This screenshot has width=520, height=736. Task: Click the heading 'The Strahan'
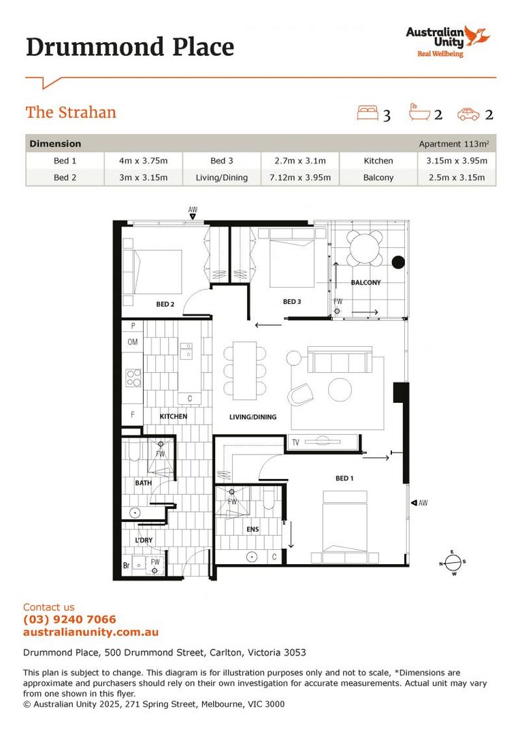click(x=71, y=112)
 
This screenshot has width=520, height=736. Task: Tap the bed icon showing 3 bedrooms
click(x=368, y=113)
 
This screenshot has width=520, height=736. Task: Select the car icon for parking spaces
click(x=468, y=114)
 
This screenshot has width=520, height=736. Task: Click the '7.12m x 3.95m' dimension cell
click(x=299, y=177)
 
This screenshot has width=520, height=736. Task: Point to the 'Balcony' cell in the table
click(x=378, y=177)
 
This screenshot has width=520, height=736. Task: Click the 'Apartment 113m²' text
click(x=454, y=144)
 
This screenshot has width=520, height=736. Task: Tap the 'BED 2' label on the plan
click(x=166, y=305)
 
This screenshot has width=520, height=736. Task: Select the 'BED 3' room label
click(x=292, y=301)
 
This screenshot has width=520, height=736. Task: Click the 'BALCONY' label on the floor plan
click(x=365, y=282)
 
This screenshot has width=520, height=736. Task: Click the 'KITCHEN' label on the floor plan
click(x=174, y=416)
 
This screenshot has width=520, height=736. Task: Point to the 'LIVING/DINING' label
click(x=253, y=416)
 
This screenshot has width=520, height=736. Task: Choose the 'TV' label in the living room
click(x=295, y=442)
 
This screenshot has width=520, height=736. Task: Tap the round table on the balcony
click(x=365, y=249)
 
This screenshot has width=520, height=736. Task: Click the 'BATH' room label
click(x=143, y=483)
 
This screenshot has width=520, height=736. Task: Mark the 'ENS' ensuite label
click(x=253, y=528)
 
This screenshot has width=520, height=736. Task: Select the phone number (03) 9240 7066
click(x=69, y=619)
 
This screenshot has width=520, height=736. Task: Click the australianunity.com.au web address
click(x=91, y=632)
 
